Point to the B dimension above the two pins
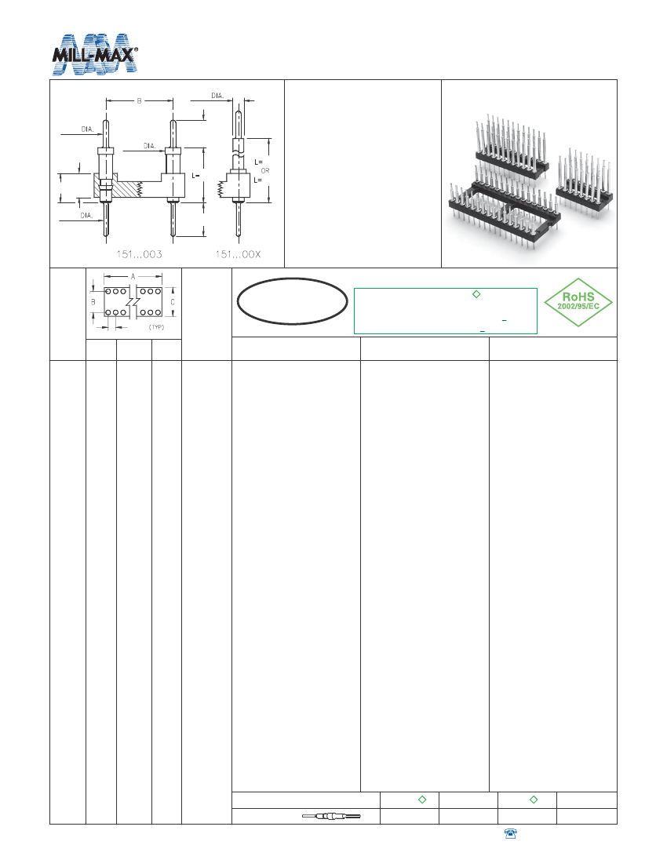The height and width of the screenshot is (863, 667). click(139, 100)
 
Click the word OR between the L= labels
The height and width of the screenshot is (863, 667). click(264, 169)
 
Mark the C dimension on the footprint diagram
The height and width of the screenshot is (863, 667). click(173, 301)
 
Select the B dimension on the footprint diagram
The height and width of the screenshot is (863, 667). click(93, 301)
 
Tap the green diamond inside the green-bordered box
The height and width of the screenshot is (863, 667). click(476, 294)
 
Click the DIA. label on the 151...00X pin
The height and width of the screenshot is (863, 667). click(217, 95)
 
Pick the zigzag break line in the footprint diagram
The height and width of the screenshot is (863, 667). click(133, 301)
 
